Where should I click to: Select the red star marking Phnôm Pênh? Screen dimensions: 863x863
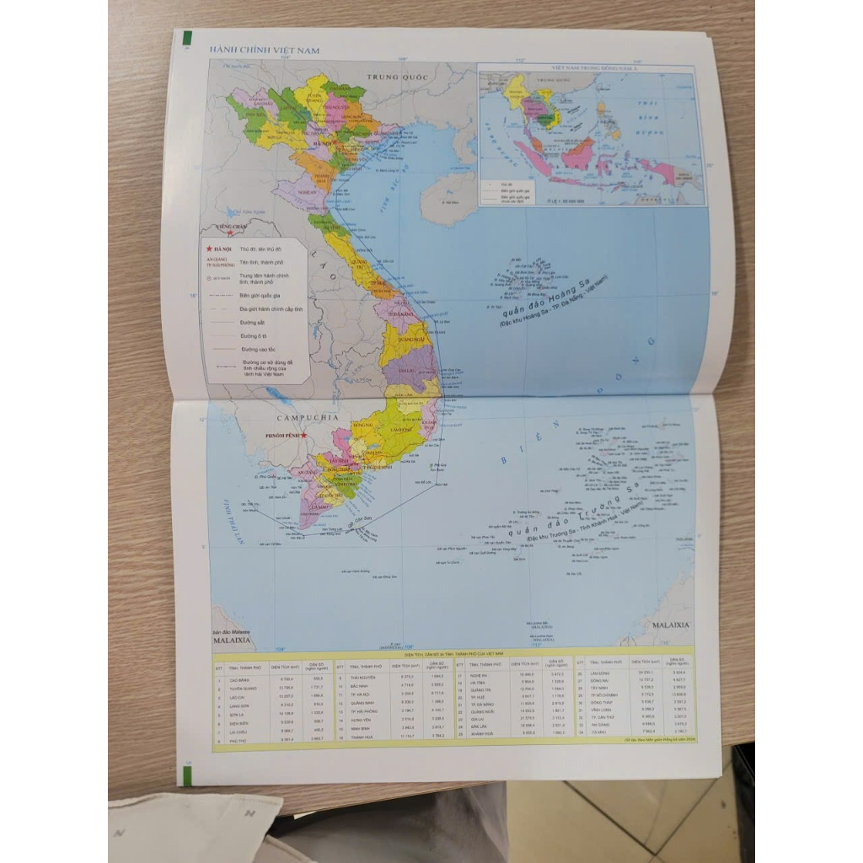(x=304, y=436)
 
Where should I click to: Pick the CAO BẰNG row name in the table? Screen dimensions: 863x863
(x=240, y=678)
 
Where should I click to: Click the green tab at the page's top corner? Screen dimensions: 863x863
(x=186, y=38)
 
